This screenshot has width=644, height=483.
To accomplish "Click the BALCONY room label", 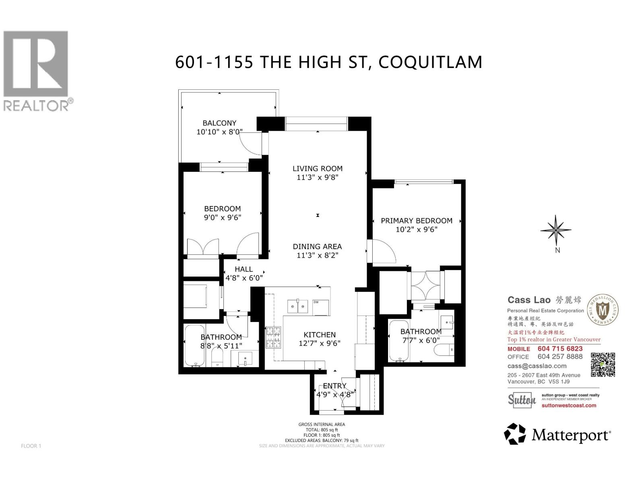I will (219, 123).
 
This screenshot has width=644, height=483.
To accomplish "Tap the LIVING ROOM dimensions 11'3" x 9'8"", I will (318, 178).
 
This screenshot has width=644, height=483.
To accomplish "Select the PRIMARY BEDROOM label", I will (416, 221).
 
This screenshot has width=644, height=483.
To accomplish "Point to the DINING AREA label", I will (317, 246).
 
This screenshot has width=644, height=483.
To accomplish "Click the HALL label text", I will (244, 269).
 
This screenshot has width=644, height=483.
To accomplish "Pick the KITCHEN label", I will (319, 334).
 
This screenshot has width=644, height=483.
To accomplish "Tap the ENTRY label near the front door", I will (334, 386).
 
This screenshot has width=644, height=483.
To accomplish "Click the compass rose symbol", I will (555, 231).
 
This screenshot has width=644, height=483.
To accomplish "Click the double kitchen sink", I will (298, 307).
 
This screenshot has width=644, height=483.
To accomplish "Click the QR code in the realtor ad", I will (603, 365).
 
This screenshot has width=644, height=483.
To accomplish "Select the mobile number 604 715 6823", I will (560, 349).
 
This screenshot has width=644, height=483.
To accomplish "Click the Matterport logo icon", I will (515, 434).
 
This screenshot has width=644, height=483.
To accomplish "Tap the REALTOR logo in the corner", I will (36, 70).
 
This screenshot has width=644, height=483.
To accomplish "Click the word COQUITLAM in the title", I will (430, 62).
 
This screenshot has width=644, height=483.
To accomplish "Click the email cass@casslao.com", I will (537, 366).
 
